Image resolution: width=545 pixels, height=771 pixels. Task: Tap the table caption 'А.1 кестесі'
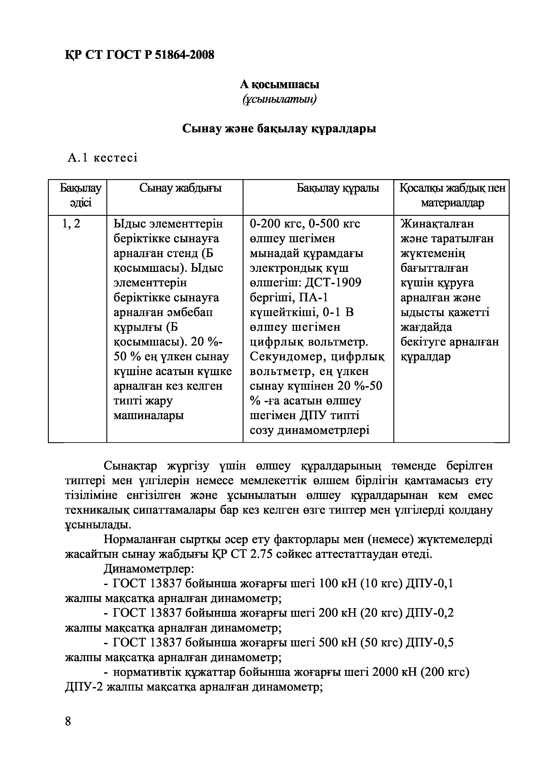[x=102, y=158]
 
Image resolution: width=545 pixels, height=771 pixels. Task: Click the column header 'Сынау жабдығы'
[x=181, y=188]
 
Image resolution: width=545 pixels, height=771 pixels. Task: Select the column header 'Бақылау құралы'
[x=338, y=188]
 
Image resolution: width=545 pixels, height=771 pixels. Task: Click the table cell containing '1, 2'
[x=71, y=224]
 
